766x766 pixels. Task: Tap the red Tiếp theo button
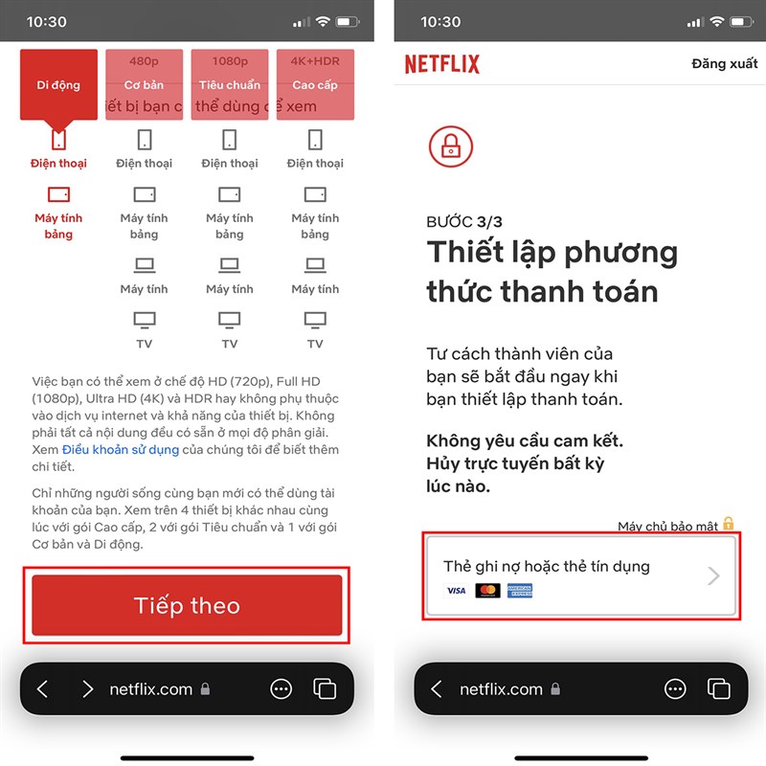pyautogui.click(x=187, y=605)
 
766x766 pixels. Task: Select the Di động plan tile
pyautogui.click(x=58, y=84)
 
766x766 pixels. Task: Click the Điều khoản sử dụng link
pyautogui.click(x=121, y=449)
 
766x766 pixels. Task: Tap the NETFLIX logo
pyautogui.click(x=441, y=64)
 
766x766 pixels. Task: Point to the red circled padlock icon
pyautogui.click(x=450, y=146)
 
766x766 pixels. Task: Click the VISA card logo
pyautogui.click(x=457, y=591)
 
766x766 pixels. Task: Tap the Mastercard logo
pyautogui.click(x=487, y=591)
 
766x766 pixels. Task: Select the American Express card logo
pyautogui.click(x=519, y=591)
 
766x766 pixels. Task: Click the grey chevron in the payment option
pyautogui.click(x=712, y=575)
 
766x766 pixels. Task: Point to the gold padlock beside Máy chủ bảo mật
pyautogui.click(x=728, y=524)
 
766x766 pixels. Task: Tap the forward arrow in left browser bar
pyautogui.click(x=87, y=689)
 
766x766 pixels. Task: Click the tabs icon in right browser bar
pyautogui.click(x=718, y=689)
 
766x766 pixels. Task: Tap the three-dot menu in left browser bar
pyautogui.click(x=281, y=689)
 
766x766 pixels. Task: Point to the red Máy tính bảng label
pyautogui.click(x=58, y=226)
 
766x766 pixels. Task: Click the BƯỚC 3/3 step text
pyautogui.click(x=464, y=222)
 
